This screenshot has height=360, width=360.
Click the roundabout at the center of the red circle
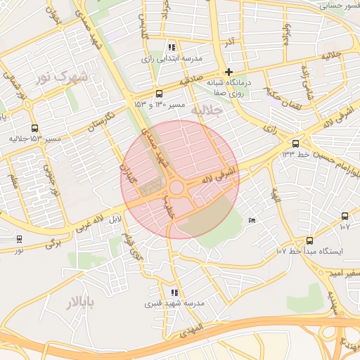coord(176,187)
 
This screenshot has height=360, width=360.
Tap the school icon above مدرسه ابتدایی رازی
coord(172,47)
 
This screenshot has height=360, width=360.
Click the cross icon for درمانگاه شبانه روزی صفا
coord(229,72)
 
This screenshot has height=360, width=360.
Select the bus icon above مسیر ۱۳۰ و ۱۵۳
coord(159,94)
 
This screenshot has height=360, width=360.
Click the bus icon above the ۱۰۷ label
coord(345,217)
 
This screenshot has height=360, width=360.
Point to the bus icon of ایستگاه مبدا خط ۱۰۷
coord(309,240)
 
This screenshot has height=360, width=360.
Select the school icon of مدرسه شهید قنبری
coord(174,292)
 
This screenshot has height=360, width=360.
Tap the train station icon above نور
coord(18,239)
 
